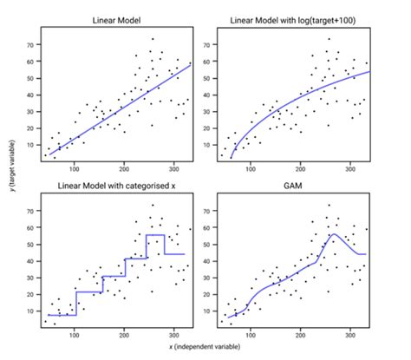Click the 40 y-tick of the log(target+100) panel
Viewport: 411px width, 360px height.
point(206,94)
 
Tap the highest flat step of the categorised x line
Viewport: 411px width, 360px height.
point(154,235)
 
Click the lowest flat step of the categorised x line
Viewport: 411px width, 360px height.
point(62,314)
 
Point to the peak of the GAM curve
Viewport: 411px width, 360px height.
point(333,234)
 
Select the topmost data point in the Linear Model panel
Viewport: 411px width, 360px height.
point(153,39)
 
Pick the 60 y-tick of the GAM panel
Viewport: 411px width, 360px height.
point(206,227)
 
